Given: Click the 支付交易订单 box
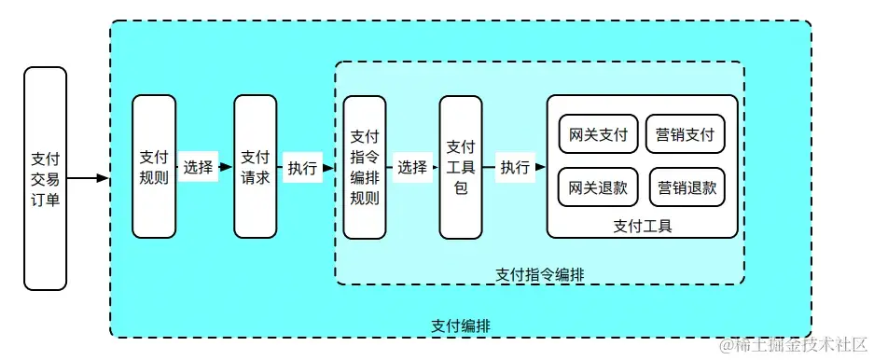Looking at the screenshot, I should (45, 177).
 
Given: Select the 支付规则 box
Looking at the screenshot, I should (154, 167).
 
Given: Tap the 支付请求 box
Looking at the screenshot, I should (255, 167).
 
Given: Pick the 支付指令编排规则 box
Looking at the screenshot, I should (364, 167).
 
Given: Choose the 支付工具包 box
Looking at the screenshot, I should (461, 167).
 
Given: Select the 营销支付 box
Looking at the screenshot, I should (685, 134).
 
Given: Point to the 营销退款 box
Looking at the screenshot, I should (687, 187).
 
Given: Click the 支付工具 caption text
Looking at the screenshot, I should (643, 225).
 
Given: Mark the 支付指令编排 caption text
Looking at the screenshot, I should (539, 273).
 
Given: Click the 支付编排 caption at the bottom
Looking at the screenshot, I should (461, 325).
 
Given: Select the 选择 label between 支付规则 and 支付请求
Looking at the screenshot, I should (199, 168).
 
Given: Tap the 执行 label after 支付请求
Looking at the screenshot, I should (301, 168).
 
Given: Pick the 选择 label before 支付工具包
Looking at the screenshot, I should (411, 168).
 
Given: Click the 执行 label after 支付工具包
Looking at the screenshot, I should (515, 168).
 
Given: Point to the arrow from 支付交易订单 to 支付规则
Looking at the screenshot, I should (89, 177).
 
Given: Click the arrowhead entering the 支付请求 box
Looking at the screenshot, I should (228, 168).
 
